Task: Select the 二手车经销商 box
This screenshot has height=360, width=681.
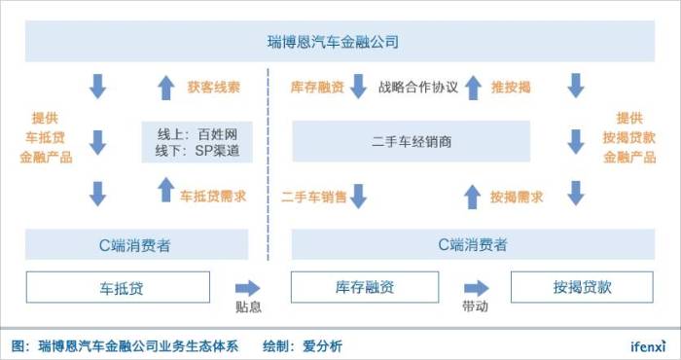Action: pyautogui.click(x=412, y=142)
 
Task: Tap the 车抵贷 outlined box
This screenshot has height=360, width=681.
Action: pyautogui.click(x=117, y=287)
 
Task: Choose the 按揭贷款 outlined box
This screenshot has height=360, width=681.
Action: pyautogui.click(x=582, y=287)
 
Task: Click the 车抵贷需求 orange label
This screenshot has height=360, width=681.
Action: pyautogui.click(x=212, y=196)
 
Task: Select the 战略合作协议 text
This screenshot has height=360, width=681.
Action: pyautogui.click(x=418, y=87)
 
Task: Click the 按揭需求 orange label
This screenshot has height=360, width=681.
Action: pyautogui.click(x=517, y=196)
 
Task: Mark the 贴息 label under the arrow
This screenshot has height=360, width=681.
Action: pyautogui.click(x=247, y=306)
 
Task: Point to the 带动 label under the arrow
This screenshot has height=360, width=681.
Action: pyautogui.click(x=475, y=306)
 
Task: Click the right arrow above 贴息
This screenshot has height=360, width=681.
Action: pyautogui.click(x=247, y=287)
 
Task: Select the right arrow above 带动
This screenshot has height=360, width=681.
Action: pyautogui.click(x=475, y=287)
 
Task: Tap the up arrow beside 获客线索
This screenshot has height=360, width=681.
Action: pyautogui.click(x=164, y=88)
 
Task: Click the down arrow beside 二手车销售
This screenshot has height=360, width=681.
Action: pyautogui.click(x=357, y=196)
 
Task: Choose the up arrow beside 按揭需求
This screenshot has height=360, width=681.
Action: pyautogui.click(x=473, y=196)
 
